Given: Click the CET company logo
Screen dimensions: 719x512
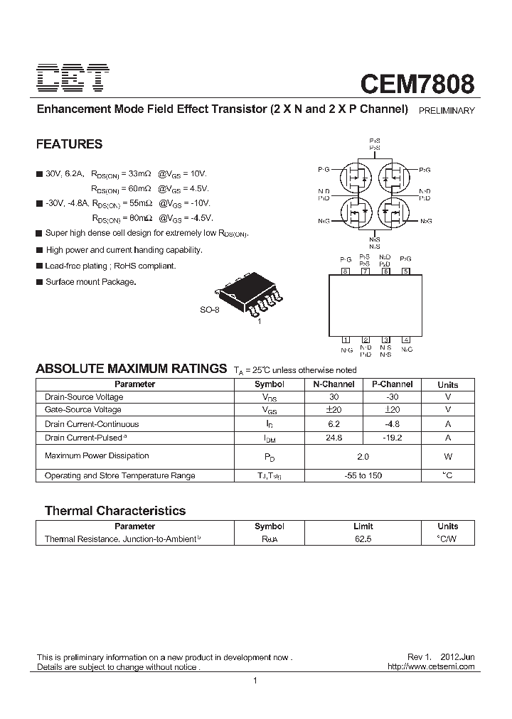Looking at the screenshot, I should pos(73,78).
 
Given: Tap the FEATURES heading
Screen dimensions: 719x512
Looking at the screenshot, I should pos(69,144).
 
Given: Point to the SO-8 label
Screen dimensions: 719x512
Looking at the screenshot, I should pos(209,310).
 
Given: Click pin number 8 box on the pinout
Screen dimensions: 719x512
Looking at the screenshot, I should pos(346,271).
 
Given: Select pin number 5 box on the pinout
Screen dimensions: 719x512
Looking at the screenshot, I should pos(405,271).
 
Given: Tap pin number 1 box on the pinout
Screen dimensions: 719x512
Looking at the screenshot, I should pos(346,340).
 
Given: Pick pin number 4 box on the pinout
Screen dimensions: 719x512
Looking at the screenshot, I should pos(405,340).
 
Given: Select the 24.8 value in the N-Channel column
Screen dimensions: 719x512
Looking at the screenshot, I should pos(334,438).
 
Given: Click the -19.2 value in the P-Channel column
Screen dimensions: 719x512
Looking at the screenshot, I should pos(392,438).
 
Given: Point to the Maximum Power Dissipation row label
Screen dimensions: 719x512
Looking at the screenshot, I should pos(97,455).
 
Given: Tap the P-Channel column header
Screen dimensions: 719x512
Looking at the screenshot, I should pos(392,384).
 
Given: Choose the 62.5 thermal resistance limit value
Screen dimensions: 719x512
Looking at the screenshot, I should pos(363,539).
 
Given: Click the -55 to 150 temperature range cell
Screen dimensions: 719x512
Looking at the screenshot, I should pos(363,475).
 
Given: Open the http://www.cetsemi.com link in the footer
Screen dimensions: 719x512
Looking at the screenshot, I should pos(430,667).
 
